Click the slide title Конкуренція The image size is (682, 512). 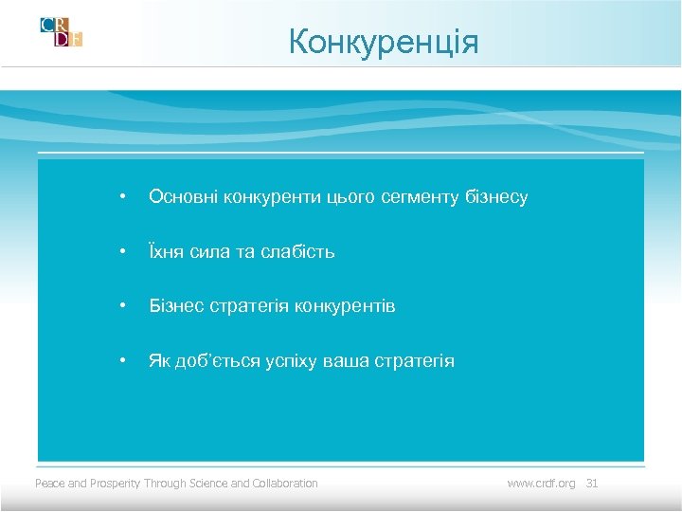(384, 43)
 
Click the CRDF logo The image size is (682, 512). (62, 31)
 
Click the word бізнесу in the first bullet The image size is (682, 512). (496, 197)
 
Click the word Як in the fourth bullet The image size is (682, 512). (159, 361)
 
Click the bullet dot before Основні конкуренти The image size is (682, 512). (121, 197)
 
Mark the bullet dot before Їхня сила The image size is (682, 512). (121, 252)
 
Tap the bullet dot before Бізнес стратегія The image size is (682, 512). (121, 306)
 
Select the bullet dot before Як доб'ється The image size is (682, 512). (121, 361)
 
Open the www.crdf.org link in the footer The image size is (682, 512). (541, 484)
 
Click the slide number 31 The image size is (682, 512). (593, 484)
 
